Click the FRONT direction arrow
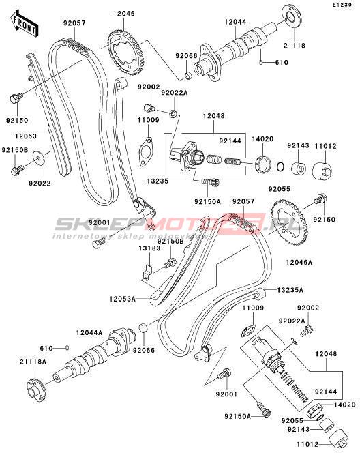pos(25,24)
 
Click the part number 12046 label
pos(123,13)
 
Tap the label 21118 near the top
pos(294,45)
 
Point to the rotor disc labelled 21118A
pos(36,391)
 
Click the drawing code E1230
pos(342,5)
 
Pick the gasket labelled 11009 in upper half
pos(145,152)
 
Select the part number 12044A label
pos(89,332)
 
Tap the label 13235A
pos(290,290)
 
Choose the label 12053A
pos(123,299)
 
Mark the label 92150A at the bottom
pos(237,416)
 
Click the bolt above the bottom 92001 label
pos(224,374)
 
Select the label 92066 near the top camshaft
pos(186,56)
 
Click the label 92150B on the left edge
pos(15,150)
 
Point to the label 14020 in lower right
pos(345,405)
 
